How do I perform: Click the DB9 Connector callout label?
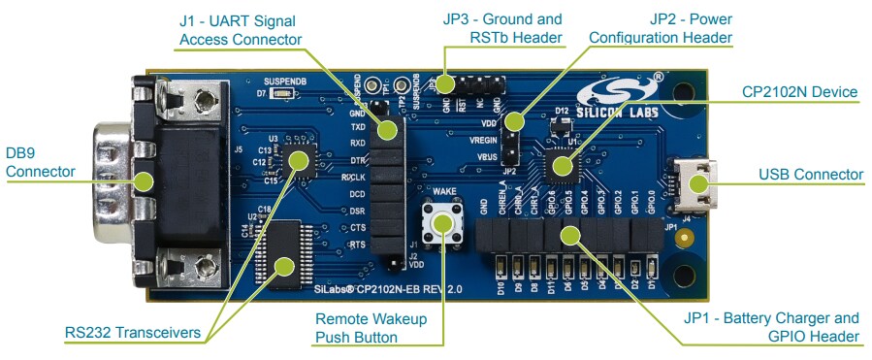[x=40, y=162]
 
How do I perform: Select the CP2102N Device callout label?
[x=800, y=92]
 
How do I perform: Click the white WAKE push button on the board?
[x=443, y=222]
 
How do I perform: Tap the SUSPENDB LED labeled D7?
[x=278, y=94]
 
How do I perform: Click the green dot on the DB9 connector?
[x=145, y=180]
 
